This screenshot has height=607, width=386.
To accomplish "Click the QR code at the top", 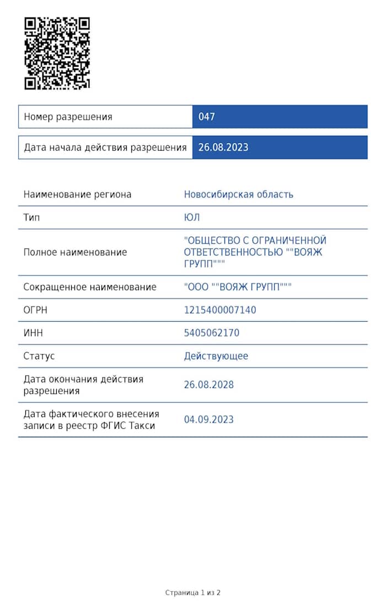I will (57, 53).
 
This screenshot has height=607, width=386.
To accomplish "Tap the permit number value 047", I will (206, 117).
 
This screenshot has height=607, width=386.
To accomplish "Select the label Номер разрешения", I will (68, 117).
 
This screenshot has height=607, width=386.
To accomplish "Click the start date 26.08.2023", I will (223, 147).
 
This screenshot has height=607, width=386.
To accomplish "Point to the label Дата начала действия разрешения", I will (105, 147).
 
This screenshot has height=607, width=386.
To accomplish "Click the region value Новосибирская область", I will (238, 194).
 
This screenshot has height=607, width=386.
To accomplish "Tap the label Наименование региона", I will (77, 194).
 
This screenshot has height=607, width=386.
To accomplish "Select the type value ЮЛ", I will (191, 217).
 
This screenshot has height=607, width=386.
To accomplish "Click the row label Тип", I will (31, 217).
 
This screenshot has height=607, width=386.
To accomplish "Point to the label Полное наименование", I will (75, 252).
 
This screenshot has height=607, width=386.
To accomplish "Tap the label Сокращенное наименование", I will (90, 287).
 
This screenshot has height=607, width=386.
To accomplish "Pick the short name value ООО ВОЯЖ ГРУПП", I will (238, 287).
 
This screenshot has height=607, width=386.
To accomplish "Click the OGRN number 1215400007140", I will (219, 310).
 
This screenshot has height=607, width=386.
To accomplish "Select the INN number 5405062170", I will (211, 333).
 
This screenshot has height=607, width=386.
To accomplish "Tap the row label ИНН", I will (33, 333).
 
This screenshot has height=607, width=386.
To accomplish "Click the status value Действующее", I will (216, 356).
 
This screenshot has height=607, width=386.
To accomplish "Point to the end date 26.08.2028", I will (208, 385).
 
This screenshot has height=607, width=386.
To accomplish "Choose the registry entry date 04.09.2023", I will (208, 419).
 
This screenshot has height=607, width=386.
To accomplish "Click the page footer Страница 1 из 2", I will (192, 593).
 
